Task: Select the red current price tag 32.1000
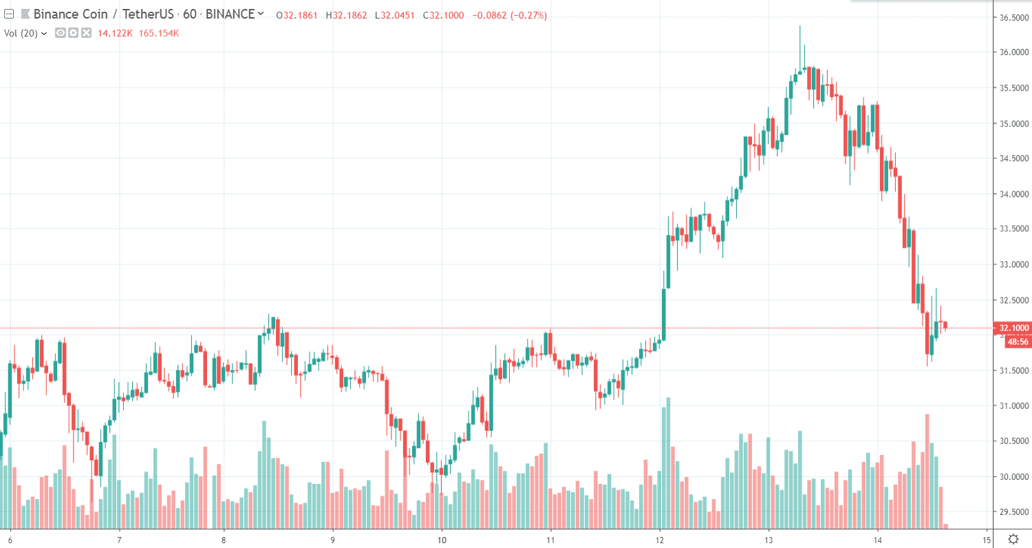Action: point(1013,328)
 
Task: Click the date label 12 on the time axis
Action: point(660,540)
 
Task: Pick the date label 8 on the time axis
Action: point(224,540)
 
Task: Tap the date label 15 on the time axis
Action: point(986,540)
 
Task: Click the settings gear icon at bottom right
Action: point(1013,538)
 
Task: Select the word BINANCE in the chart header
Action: point(230,14)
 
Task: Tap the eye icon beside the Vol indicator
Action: point(61,32)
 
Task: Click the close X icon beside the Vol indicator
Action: point(86,32)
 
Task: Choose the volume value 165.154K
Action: point(159,32)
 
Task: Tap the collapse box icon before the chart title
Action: point(10,14)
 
